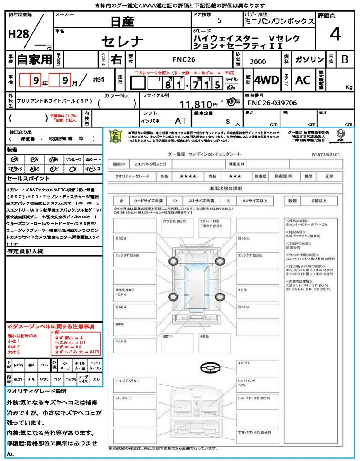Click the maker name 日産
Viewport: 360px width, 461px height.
pos(121,21)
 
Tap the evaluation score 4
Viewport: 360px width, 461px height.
pos(335,34)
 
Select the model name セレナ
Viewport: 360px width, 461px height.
pos(122,42)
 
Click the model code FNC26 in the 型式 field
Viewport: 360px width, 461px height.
pos(184,59)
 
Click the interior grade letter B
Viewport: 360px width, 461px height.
pos(345,59)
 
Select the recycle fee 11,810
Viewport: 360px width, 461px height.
pos(196,104)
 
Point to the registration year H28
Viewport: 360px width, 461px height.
pos(18,35)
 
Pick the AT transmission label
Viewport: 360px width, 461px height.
pos(181,121)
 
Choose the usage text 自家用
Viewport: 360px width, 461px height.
pos(34,59)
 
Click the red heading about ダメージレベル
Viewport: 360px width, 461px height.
pos(50,325)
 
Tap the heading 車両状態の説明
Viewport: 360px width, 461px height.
pos(225,188)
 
